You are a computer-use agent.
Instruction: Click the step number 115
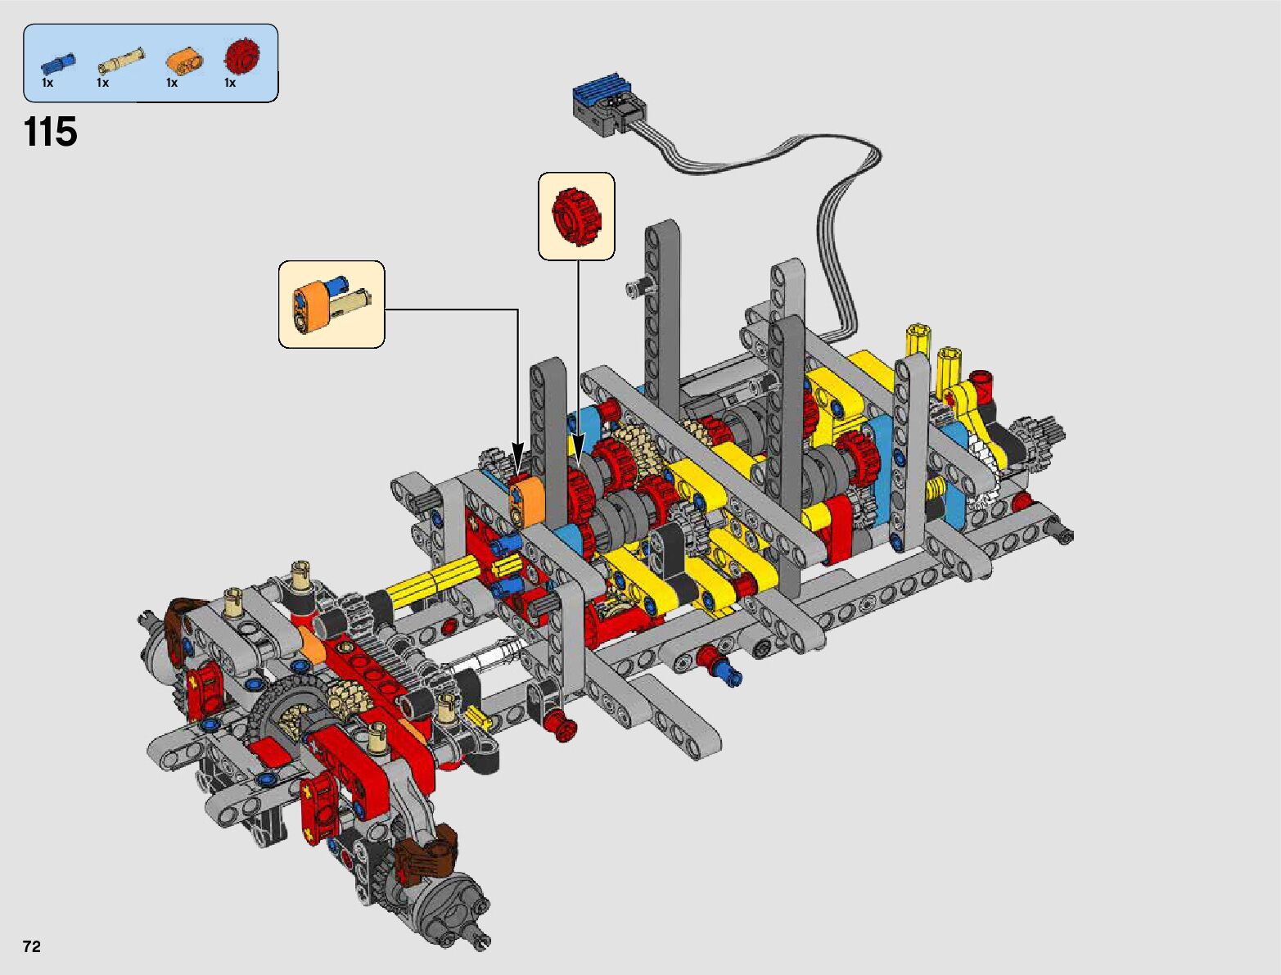pyautogui.click(x=50, y=132)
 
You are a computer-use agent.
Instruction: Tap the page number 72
pyautogui.click(x=32, y=946)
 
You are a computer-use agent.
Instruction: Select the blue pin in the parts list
pyautogui.click(x=58, y=61)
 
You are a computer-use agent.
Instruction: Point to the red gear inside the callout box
pyautogui.click(x=576, y=217)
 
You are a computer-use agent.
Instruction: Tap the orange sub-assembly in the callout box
pyautogui.click(x=331, y=304)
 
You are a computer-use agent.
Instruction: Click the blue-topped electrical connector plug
pyautogui.click(x=609, y=106)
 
